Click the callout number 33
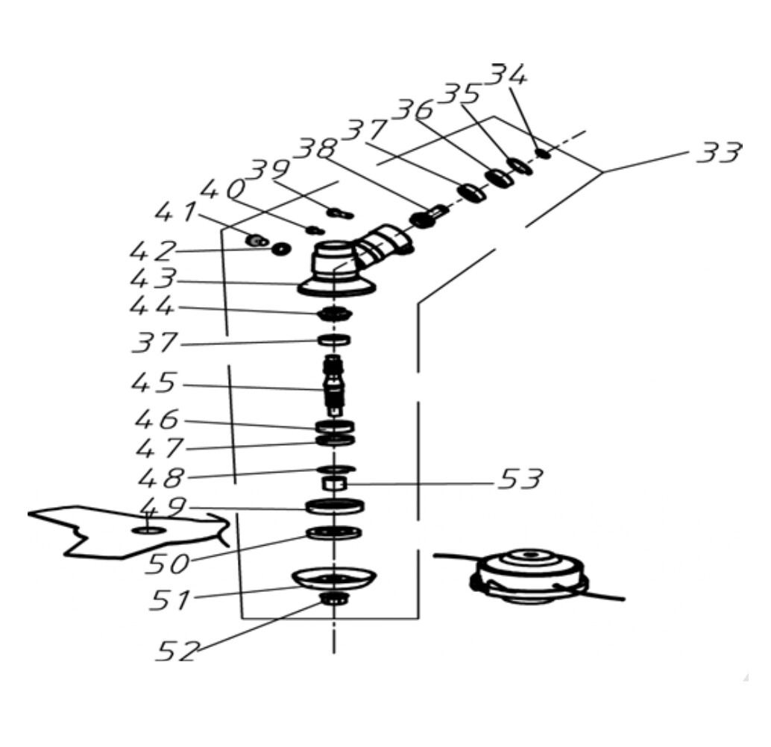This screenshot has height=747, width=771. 718,152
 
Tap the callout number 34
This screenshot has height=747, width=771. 509,76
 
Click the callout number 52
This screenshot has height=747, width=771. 177,651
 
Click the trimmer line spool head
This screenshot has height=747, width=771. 529,576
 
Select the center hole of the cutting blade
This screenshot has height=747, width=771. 148,530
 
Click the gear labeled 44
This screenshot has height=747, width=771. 333,314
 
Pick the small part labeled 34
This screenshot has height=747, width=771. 543,154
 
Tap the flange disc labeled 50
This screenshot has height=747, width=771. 333,533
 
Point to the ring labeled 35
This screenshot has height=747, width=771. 519,166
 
